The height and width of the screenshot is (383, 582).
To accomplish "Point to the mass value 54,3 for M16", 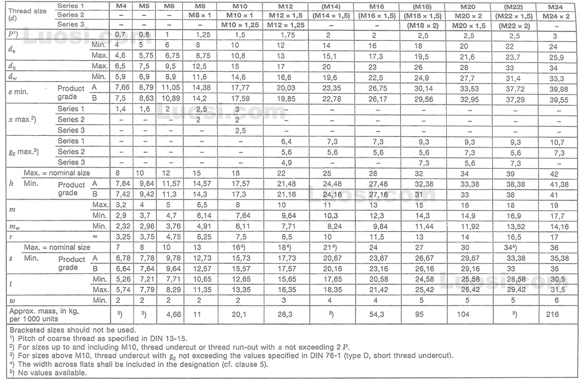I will click(x=378, y=314).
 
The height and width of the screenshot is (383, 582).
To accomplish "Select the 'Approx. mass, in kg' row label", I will click(x=45, y=311).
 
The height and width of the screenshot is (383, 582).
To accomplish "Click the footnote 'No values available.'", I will click(x=51, y=373).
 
